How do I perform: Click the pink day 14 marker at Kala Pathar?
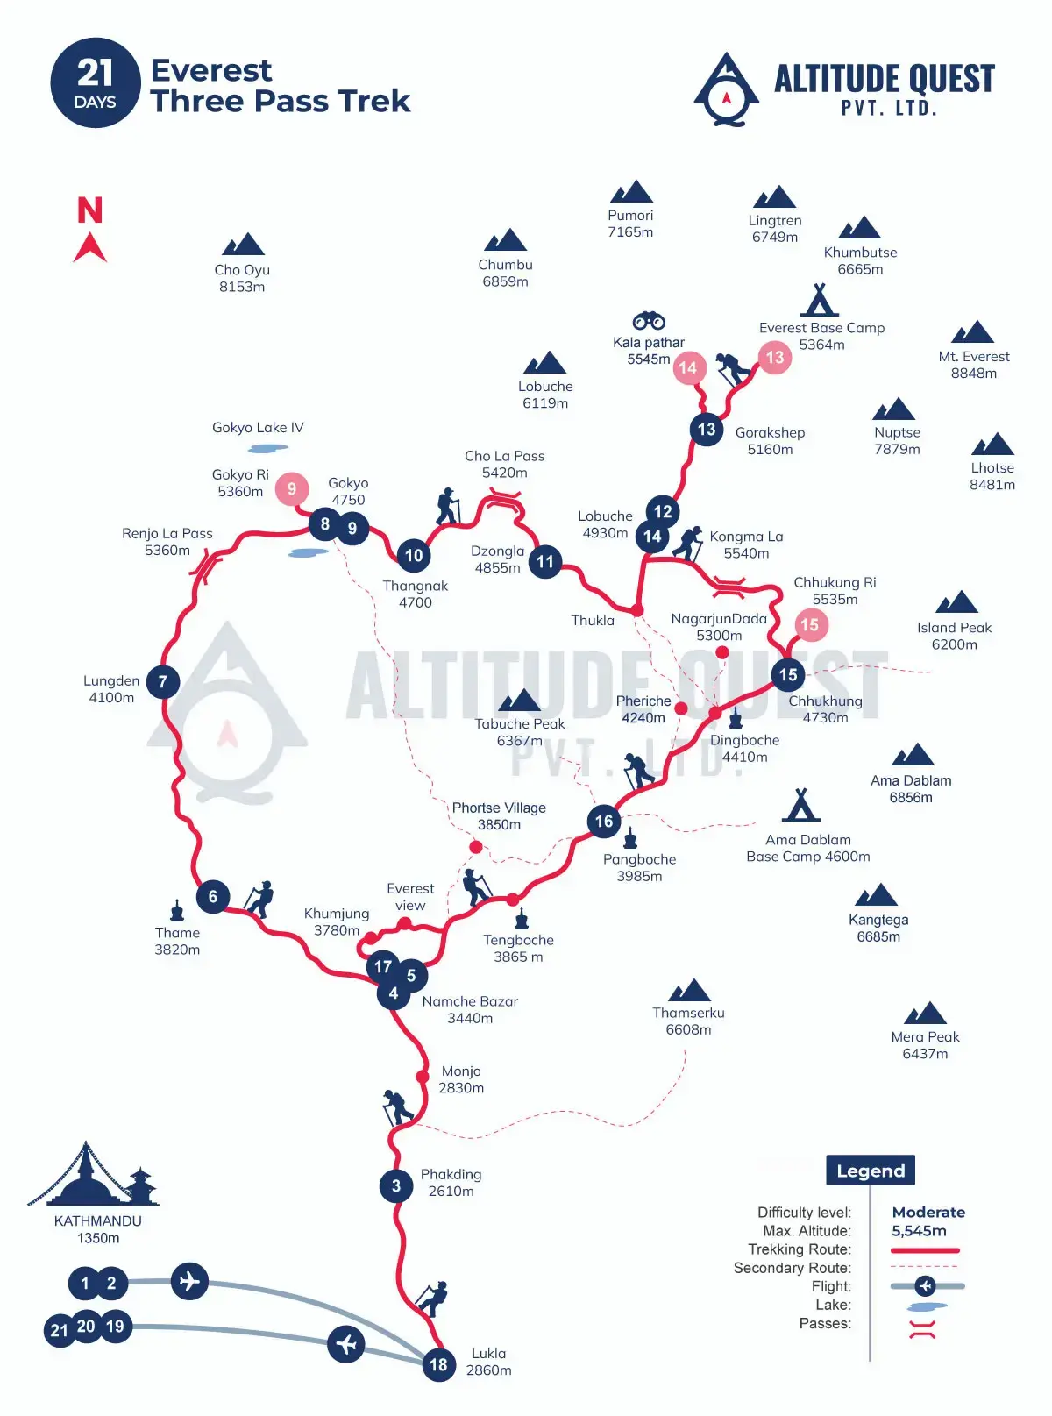pyautogui.click(x=688, y=368)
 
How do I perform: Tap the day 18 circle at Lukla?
pyautogui.click(x=438, y=1364)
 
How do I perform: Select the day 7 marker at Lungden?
pyautogui.click(x=163, y=681)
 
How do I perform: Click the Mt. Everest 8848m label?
pyautogui.click(x=973, y=365)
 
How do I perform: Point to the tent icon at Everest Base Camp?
pyautogui.click(x=820, y=300)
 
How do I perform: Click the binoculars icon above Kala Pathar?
pyautogui.click(x=649, y=321)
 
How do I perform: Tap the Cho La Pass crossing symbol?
pyautogui.click(x=504, y=500)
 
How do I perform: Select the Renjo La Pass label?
pyautogui.click(x=167, y=542)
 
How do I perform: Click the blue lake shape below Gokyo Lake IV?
pyautogui.click(x=268, y=448)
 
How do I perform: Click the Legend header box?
pyautogui.click(x=871, y=1171)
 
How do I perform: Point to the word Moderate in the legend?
pyautogui.click(x=928, y=1213)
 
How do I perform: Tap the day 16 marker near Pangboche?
pyautogui.click(x=604, y=822)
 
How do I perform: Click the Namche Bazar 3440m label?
pyautogui.click(x=470, y=1009)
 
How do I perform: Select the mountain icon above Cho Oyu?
pyautogui.click(x=243, y=245)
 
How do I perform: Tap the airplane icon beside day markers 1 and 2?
pyautogui.click(x=189, y=1281)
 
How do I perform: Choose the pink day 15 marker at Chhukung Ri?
pyautogui.click(x=809, y=625)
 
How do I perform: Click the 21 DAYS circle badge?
pyautogui.click(x=96, y=83)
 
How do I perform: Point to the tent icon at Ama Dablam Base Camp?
pyautogui.click(x=800, y=805)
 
